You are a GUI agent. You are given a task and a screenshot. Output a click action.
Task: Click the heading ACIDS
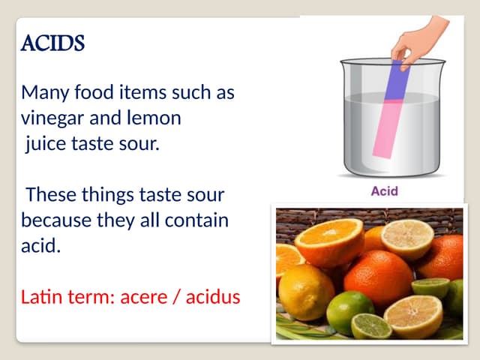[52, 44]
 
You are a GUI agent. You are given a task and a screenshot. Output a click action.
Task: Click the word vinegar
[52, 118]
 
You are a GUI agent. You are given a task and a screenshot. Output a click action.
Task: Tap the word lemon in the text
[154, 118]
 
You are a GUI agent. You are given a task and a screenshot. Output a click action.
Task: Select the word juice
[46, 143]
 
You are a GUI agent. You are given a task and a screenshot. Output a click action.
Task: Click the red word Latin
[43, 297]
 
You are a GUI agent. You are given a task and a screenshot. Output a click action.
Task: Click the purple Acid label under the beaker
[384, 191]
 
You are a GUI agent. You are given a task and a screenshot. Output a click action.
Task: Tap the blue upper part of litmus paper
[397, 81]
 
